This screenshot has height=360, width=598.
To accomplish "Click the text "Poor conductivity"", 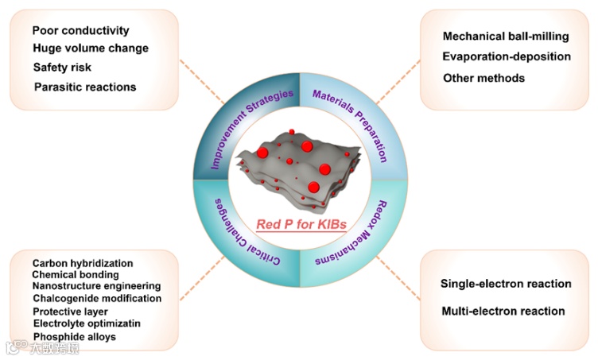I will (80, 31).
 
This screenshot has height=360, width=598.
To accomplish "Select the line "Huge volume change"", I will (90, 48).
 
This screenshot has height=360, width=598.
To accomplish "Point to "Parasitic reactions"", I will (85, 86).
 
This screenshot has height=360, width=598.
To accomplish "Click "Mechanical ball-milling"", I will (503, 37).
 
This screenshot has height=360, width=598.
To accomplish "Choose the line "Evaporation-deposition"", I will (507, 56).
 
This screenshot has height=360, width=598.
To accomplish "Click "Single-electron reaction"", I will (506, 284).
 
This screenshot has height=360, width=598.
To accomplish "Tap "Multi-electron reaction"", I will (503, 311).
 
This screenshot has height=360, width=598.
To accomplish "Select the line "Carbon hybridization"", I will (83, 263).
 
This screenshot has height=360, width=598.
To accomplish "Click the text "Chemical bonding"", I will (76, 274).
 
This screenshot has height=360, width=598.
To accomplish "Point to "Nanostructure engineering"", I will (96, 286).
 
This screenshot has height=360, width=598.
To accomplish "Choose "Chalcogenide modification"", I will (97, 298).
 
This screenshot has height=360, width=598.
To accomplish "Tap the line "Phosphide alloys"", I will (75, 336).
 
